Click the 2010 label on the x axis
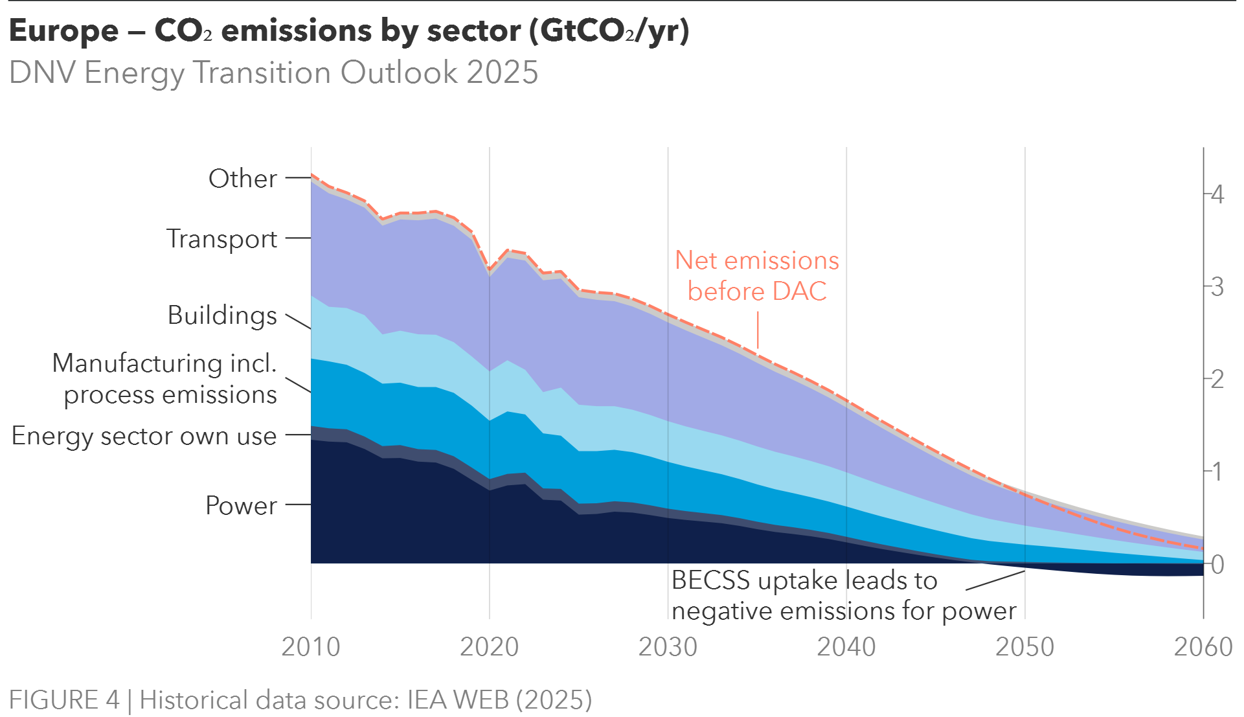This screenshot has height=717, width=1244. coord(311,646)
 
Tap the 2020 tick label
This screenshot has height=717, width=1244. coord(490,646)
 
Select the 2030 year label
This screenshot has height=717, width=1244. coord(668,646)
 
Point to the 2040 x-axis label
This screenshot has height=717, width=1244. coord(846,646)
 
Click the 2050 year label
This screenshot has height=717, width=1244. coord(1025,646)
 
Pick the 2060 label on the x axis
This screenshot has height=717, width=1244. coord(1203,646)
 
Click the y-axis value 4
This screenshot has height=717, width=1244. coord(1217,194)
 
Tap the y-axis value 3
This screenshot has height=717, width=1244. coord(1217,286)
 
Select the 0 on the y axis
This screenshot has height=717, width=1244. coord(1217,565)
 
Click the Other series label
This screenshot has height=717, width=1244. coord(243,179)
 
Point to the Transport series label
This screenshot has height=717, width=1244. coord(222,239)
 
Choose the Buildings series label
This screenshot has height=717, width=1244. coord(222,315)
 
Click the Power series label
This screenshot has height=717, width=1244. coord(242,505)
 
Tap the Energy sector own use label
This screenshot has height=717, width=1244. coord(144,436)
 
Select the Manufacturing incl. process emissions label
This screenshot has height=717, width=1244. coord(165,379)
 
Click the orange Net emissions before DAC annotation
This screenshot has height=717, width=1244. coord(757,276)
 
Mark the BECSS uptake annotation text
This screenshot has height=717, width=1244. coord(843,596)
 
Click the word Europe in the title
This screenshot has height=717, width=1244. coord(64,31)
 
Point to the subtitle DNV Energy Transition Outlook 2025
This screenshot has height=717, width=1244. coord(274,73)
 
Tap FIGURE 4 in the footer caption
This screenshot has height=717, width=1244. coord(64,700)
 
